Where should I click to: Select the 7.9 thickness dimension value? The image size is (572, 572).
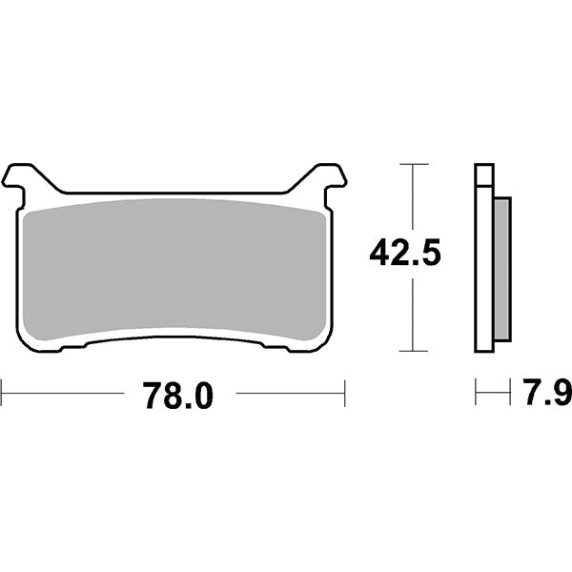tap(542, 392)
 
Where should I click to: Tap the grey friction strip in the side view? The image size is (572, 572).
tap(503, 269)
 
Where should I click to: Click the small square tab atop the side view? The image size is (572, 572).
tap(484, 175)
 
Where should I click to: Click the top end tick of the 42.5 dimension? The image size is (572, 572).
tap(412, 164)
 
